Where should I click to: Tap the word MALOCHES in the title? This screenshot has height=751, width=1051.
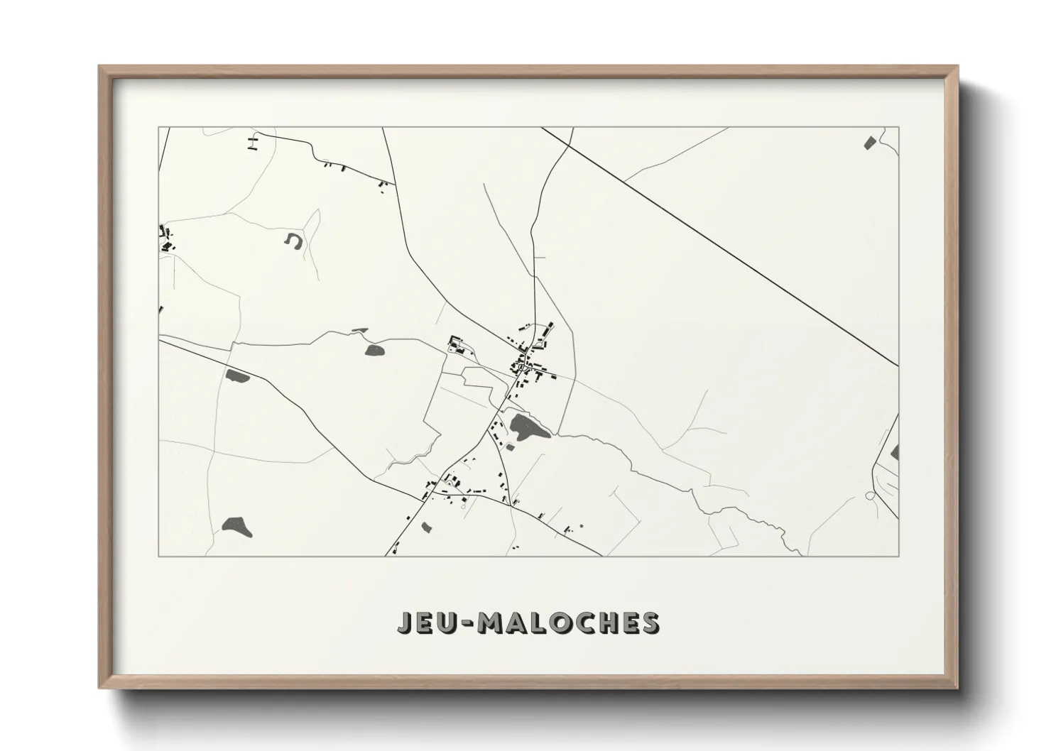tap(568, 623)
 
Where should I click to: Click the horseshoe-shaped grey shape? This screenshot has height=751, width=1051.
tap(293, 241)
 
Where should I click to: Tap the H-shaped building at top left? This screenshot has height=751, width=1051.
tap(251, 143)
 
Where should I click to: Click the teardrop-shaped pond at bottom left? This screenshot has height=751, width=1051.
tap(236, 525)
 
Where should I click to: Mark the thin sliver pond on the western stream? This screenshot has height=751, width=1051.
tap(359, 330)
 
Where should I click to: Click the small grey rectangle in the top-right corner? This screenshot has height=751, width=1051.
tap(868, 142)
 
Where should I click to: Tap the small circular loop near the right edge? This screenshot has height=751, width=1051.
tap(870, 495)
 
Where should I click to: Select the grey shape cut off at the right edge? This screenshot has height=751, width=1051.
tap(895, 452)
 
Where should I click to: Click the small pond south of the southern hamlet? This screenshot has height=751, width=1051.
tap(426, 527)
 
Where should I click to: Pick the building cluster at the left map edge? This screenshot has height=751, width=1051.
tap(166, 239)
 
